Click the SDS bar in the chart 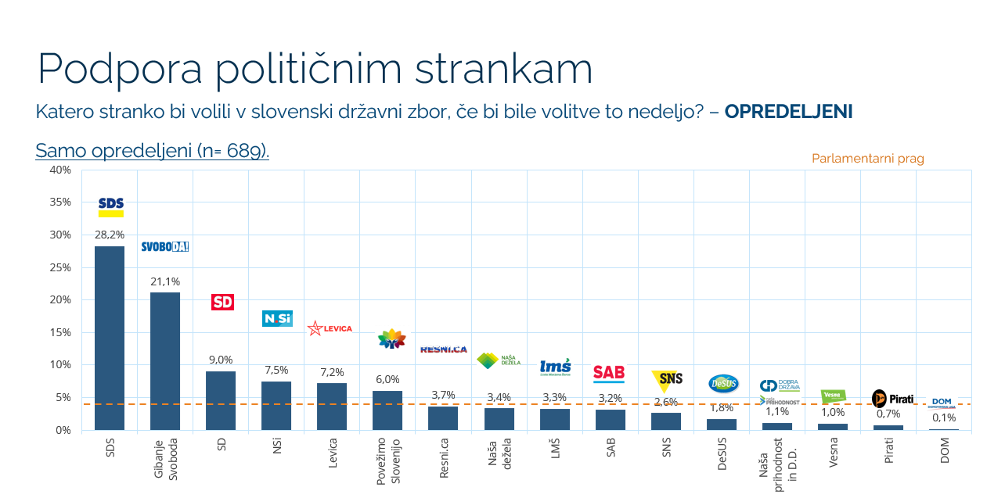coord(110,338)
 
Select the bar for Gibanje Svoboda coord(165,360)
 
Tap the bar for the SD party coord(221,400)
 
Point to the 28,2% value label coord(110,235)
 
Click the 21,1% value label coord(165,281)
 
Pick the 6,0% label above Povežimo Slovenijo coord(387,379)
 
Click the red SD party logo coord(223,302)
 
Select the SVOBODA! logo coord(165,246)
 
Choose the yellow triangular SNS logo coord(667,380)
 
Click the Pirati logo coord(892,399)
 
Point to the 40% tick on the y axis coord(60,170)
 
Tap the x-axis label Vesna coord(834,451)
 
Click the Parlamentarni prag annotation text coord(867,159)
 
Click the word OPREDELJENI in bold coord(788,112)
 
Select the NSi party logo coord(277,319)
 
